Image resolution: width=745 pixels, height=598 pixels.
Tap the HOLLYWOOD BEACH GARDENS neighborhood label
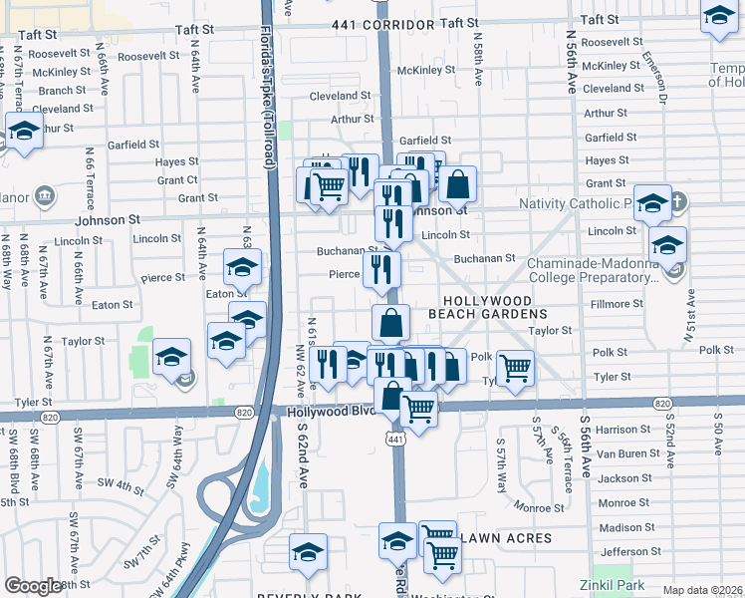coord(495,306)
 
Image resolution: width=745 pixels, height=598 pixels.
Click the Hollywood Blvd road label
coord(331,412)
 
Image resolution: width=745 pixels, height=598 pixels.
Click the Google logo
coord(34,586)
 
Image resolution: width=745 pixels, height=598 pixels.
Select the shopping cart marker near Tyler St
coord(515,367)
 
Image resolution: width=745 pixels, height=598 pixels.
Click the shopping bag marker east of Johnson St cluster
coord(457,182)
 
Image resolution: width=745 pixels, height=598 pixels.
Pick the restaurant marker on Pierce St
coord(381,267)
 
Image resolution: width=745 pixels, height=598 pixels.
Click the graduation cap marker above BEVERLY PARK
coord(308,551)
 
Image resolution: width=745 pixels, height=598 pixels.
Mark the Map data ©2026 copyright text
coord(702,590)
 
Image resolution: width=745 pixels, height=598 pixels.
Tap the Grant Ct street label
coord(177,180)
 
